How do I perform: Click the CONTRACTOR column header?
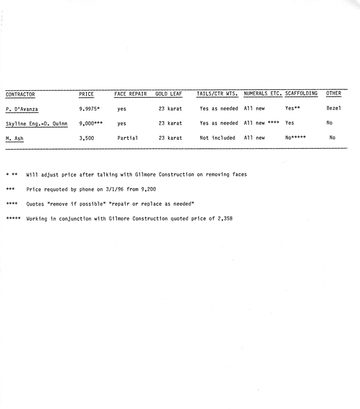point(20,94)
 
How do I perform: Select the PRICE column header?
point(86,94)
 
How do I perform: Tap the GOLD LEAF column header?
point(168,94)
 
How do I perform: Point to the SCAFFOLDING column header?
point(301,93)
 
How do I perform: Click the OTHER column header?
point(333,93)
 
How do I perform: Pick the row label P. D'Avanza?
point(22,109)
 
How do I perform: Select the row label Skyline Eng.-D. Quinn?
point(37,124)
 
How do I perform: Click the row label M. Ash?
point(15,138)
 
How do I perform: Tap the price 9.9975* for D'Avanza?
point(90,109)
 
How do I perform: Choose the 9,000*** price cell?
point(91,123)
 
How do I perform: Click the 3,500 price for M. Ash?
point(87,138)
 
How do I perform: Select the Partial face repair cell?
point(127,138)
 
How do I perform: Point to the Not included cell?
point(217,138)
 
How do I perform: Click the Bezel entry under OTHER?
point(333,108)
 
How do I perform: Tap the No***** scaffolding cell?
point(295,137)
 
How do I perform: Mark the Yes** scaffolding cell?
point(293,108)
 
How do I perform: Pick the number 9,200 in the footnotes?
point(148,189)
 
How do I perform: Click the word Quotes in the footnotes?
point(36,204)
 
